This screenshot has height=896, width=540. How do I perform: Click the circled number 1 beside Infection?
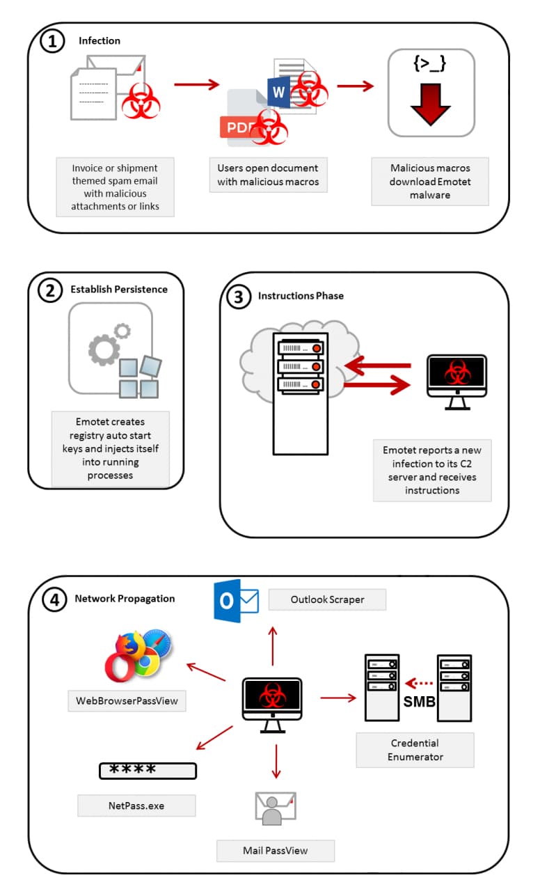coord(53,41)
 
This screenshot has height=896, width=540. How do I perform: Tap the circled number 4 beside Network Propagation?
coord(53,599)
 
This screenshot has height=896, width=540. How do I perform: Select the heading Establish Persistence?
coord(119,289)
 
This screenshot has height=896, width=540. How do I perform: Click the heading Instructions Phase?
coord(301,295)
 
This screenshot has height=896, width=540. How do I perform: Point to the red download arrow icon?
coord(431,105)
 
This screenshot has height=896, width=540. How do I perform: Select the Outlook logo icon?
coord(235,600)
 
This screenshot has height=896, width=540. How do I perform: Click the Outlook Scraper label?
coord(327,599)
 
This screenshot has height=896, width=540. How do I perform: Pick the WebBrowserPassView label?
coord(127,700)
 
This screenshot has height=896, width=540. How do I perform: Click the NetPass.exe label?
coord(136,805)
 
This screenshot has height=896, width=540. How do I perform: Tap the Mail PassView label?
coord(275,850)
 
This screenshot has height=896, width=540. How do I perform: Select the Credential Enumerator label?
coord(415,750)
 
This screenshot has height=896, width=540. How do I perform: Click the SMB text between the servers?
coord(419,702)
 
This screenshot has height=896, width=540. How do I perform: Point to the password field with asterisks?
coord(148,770)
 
